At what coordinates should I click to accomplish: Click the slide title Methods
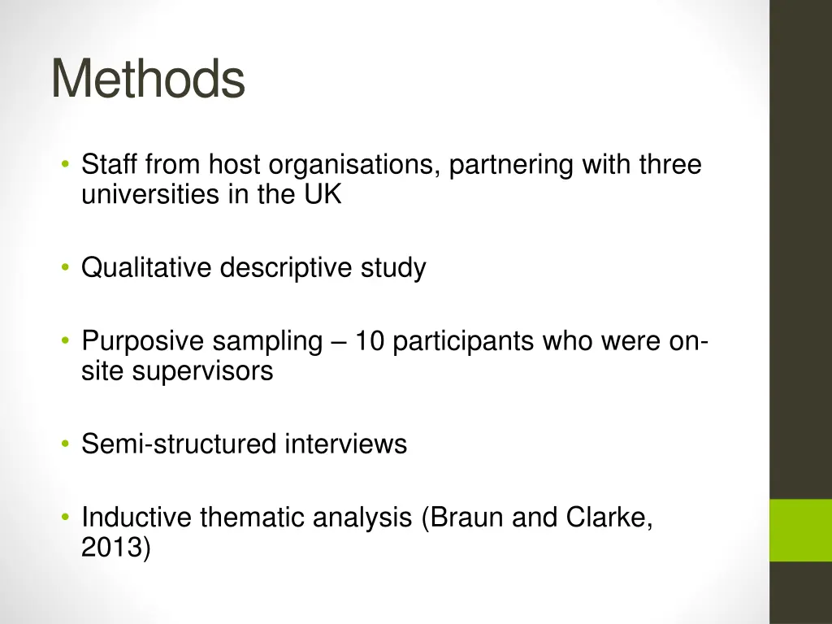click(148, 80)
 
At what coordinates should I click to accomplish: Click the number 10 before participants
click(370, 341)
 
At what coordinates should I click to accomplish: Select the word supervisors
click(203, 371)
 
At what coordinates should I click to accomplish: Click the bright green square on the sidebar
click(800, 530)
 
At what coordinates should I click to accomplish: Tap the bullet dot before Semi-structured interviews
click(64, 444)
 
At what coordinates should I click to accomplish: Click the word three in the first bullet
click(669, 166)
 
